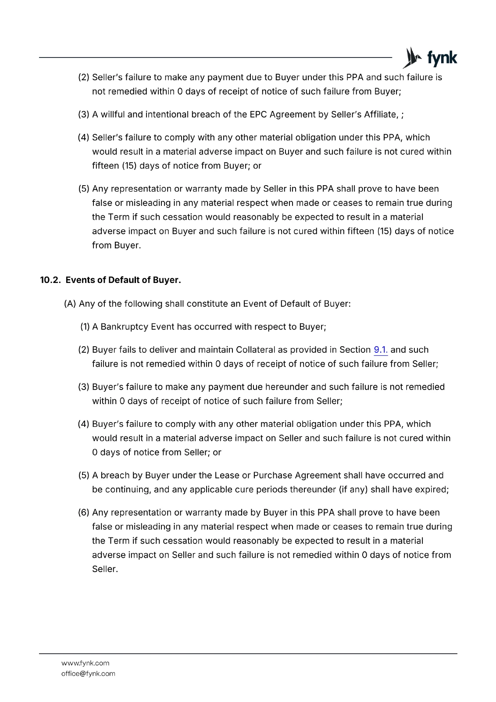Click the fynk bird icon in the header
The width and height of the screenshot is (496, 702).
pos(412,58)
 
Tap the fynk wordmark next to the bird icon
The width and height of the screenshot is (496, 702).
pos(442,58)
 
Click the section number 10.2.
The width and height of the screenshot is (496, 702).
pos(50,280)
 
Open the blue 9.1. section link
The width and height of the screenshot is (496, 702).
pos(381,350)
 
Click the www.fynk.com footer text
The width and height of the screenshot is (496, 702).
pos(85,663)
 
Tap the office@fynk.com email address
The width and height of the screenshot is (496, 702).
pos(88,673)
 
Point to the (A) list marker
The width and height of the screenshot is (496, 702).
pos(70,304)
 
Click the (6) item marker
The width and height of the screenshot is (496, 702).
pos(84,512)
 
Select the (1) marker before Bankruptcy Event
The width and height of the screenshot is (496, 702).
pos(85,327)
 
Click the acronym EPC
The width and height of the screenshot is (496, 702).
pos(258,115)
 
